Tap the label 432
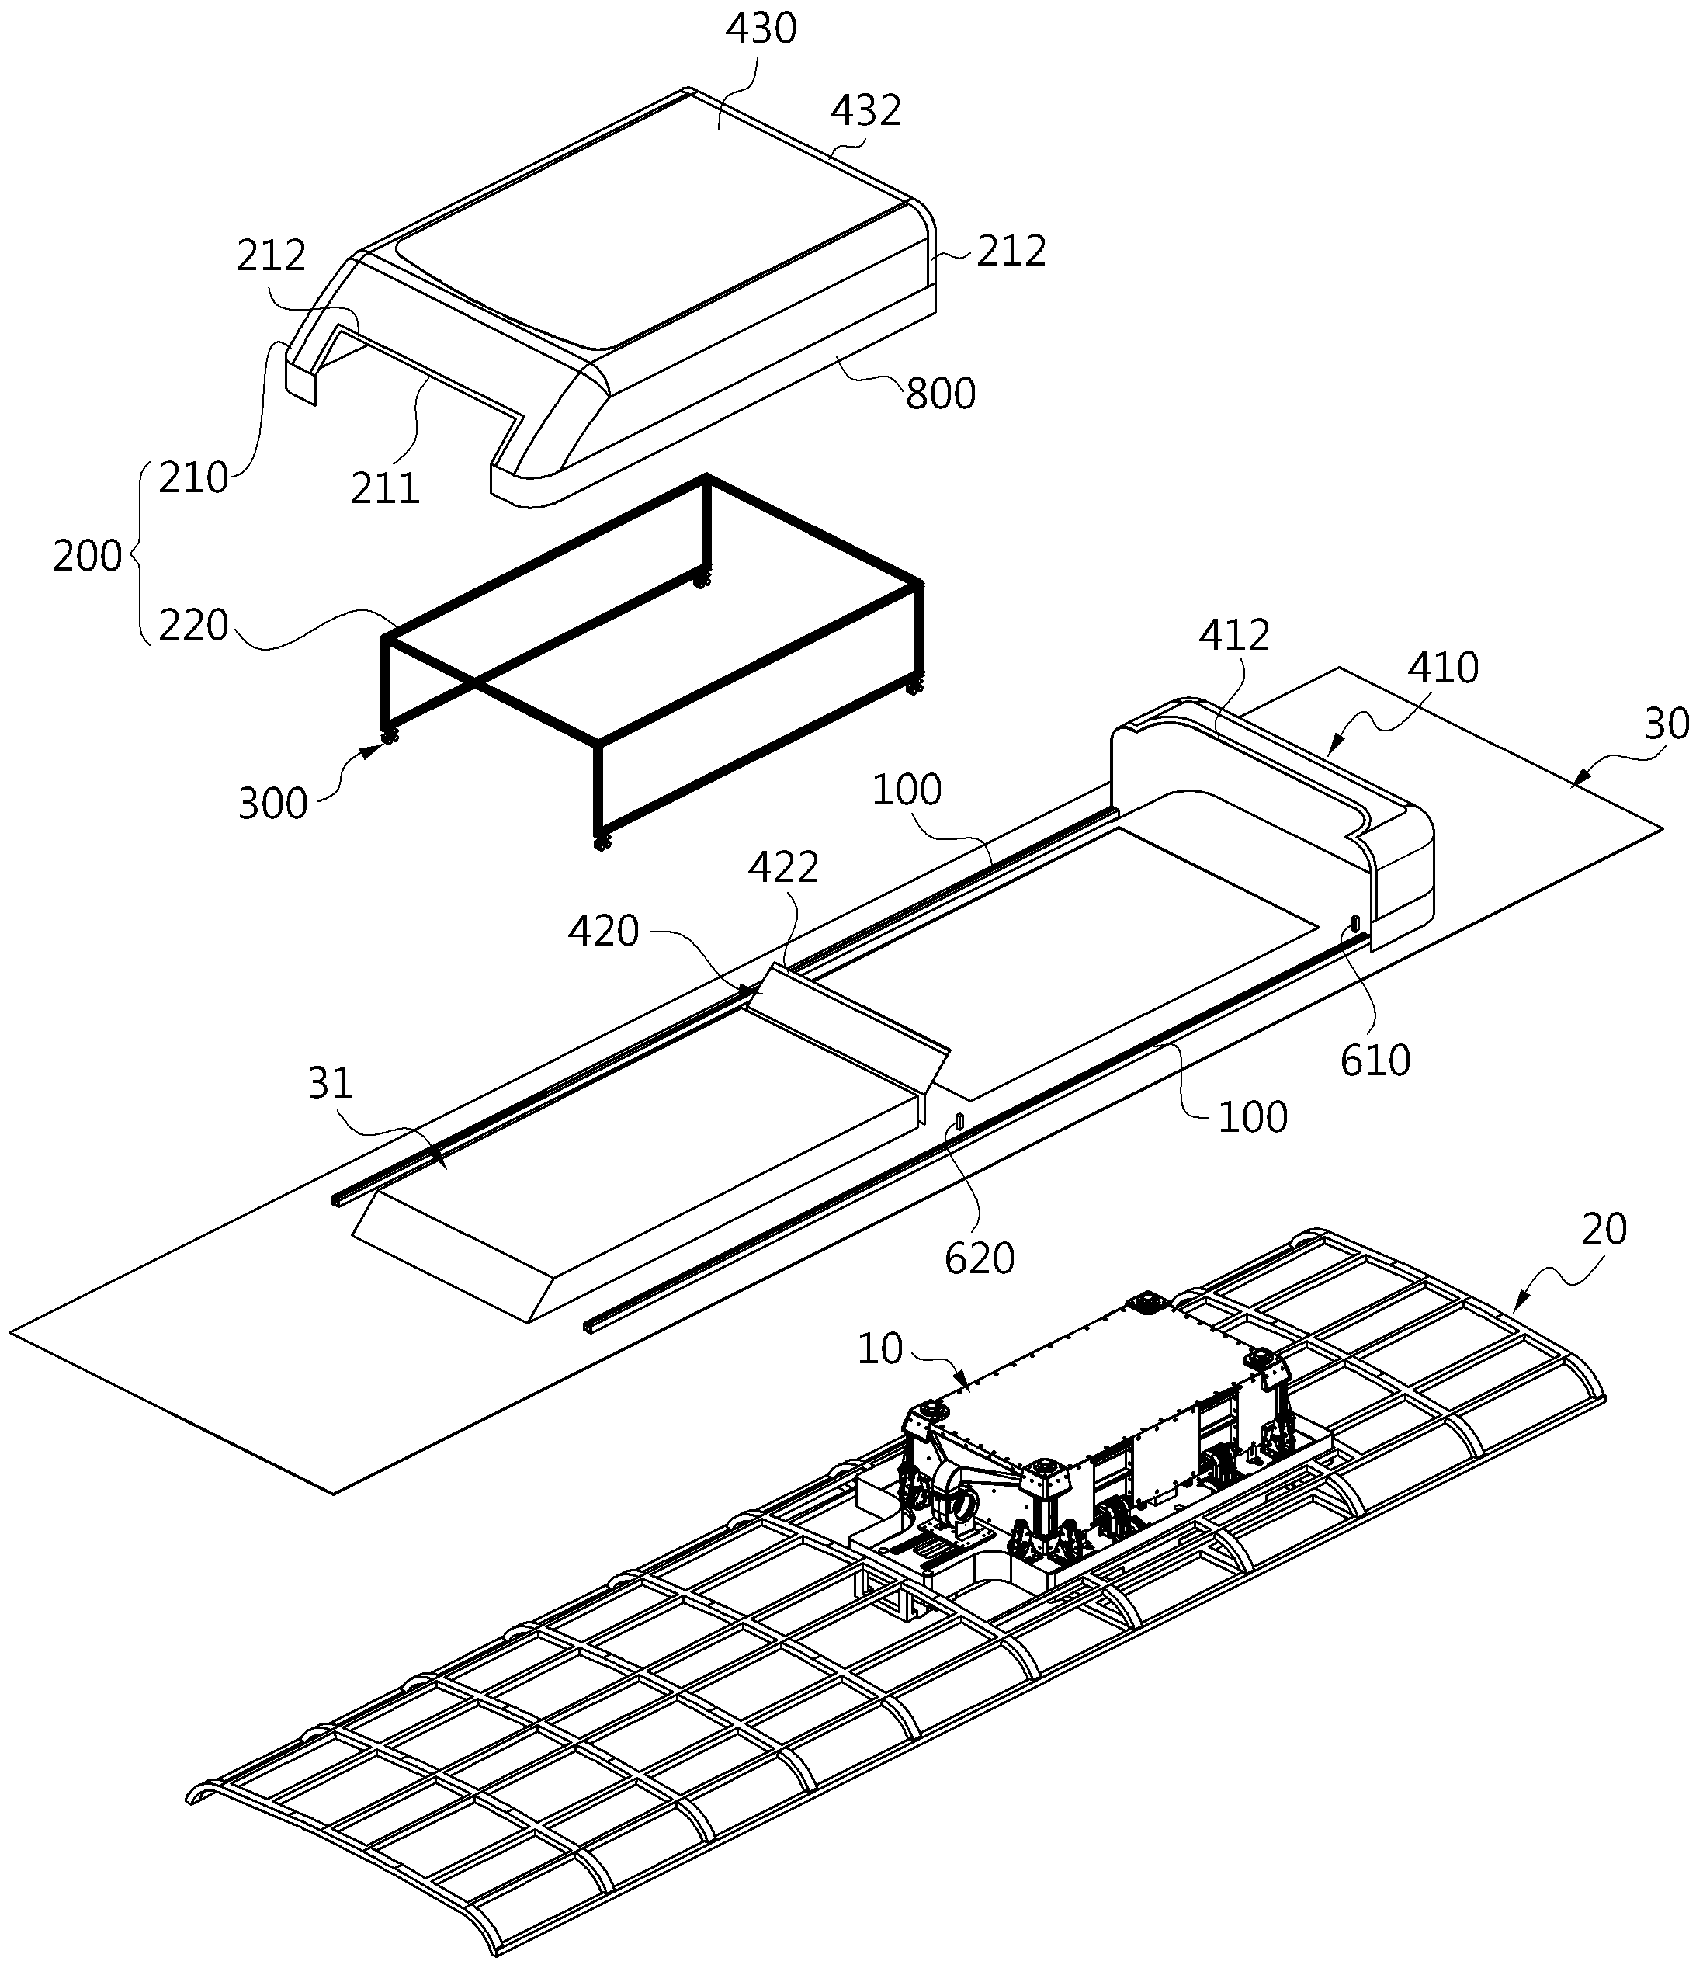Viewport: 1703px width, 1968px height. (865, 111)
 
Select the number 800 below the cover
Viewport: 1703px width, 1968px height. (940, 394)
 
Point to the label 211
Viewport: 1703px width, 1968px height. (385, 488)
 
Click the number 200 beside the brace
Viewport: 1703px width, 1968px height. (88, 556)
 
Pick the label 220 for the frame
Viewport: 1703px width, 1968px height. (194, 625)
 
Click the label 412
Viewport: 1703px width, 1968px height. (1233, 636)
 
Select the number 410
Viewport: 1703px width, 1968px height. (1443, 668)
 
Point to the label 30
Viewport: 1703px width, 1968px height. (1667, 724)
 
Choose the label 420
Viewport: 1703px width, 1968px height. (603, 932)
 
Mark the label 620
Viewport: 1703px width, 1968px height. (980, 1259)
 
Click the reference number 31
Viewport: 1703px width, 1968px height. (331, 1083)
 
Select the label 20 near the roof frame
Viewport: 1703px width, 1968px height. (1605, 1230)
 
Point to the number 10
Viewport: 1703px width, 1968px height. (880, 1349)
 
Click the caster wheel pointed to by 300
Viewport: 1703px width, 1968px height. (389, 737)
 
